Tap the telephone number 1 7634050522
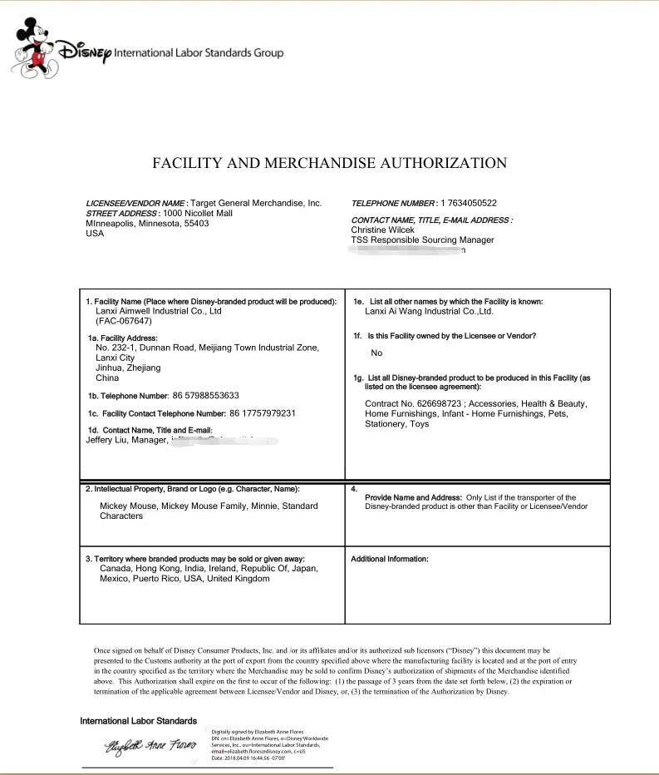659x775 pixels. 469,203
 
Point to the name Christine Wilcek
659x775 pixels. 382,230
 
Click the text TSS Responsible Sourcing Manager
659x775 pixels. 422,240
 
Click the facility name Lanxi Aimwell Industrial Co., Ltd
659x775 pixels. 159,311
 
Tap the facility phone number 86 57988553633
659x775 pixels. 206,395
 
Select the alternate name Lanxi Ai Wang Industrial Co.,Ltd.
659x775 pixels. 429,311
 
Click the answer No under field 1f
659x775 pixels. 376,353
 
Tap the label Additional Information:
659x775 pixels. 390,559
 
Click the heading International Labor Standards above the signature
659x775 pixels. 138,720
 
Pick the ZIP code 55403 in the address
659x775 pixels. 196,224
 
